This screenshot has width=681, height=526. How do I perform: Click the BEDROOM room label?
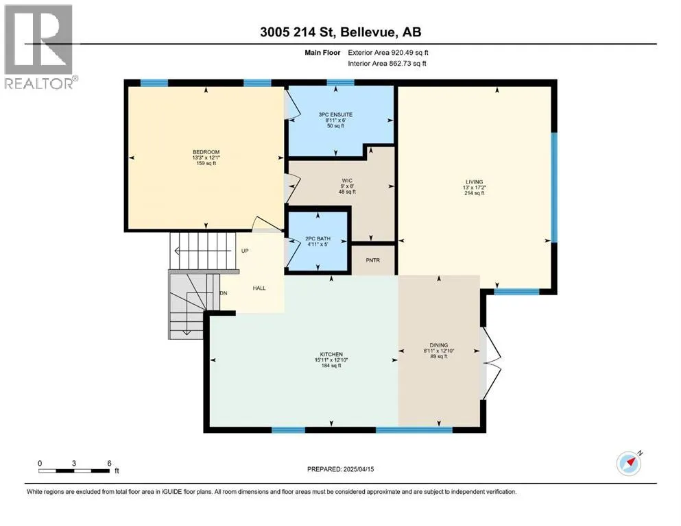206,152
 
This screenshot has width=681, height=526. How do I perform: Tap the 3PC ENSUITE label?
336,115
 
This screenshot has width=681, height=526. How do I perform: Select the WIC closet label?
347,181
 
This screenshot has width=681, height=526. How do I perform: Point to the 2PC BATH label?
318,238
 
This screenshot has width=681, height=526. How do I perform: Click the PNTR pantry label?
372,260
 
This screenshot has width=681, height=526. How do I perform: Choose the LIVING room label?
475,182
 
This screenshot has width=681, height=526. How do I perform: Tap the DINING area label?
439,345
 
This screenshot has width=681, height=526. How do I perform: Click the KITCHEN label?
331,354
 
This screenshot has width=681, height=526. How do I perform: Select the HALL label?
259,288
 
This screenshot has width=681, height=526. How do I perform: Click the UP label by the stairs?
245,251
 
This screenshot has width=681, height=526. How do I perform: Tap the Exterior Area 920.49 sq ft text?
388,53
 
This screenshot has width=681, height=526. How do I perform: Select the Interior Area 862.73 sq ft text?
387,63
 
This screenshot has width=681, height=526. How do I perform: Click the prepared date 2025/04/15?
358,469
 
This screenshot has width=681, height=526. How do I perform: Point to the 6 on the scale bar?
110,463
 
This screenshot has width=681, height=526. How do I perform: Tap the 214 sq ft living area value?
475,193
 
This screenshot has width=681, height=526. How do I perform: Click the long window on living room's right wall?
554,188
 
